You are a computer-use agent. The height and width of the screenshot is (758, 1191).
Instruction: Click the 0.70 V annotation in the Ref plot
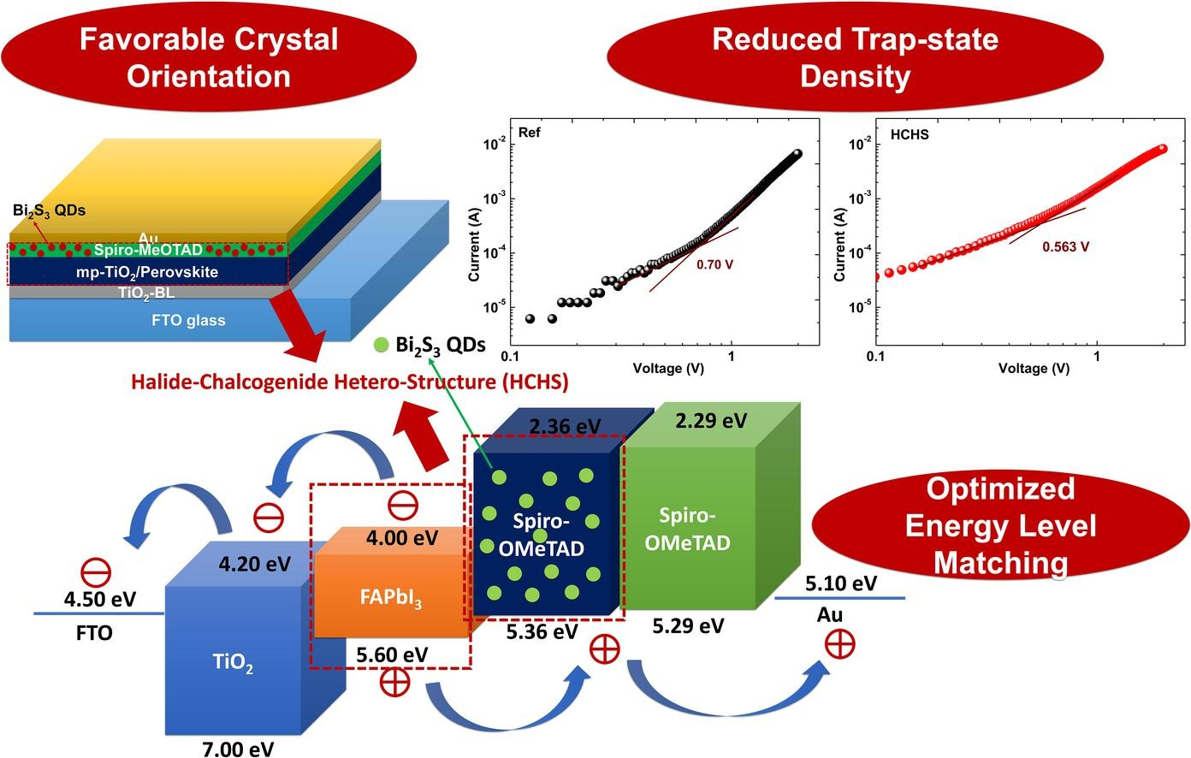point(714,264)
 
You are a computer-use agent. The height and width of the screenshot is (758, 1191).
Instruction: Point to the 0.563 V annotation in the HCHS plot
point(1065,246)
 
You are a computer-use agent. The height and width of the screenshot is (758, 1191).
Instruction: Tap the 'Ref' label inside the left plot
point(530,133)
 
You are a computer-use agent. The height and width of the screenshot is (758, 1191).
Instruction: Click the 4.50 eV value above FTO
point(100,598)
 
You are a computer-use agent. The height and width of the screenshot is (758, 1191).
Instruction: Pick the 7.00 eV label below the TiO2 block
point(238,749)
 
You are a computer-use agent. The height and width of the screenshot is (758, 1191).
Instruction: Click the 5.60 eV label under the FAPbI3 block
point(392,654)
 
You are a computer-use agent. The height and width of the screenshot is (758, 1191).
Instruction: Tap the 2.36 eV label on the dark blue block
point(565,426)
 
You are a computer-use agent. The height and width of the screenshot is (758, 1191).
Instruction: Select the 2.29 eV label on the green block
point(711,420)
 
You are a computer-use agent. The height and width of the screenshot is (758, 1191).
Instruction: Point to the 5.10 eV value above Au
point(841,583)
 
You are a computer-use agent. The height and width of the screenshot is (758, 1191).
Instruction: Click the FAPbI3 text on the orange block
point(390,598)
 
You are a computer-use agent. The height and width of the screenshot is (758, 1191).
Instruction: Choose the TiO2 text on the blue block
point(232,662)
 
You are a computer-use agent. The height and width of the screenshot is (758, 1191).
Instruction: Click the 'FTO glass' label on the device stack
point(188,320)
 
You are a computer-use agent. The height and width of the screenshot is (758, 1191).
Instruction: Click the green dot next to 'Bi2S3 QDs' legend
point(382,346)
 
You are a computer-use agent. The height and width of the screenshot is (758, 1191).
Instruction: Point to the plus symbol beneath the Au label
point(839,643)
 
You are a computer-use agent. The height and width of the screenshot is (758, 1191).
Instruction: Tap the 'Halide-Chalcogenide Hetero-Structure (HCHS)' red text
point(349,381)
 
